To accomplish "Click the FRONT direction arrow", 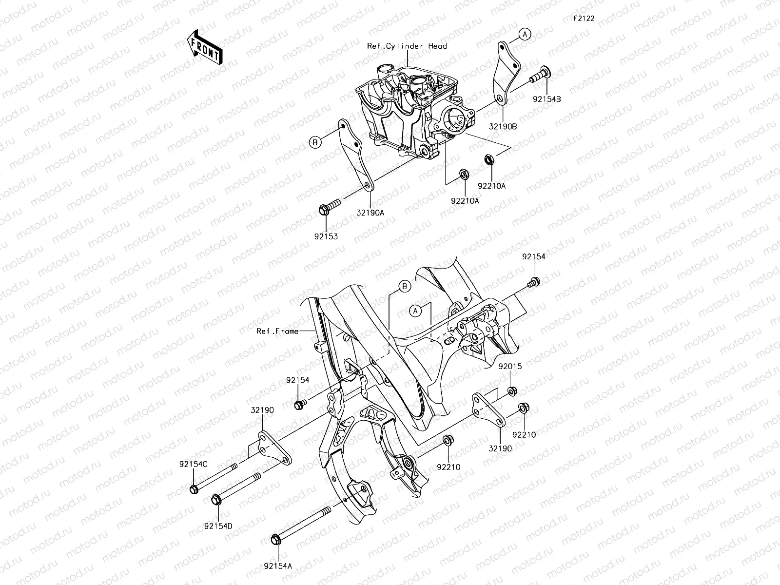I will tap(204, 47).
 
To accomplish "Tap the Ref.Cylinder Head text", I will tap(407, 46).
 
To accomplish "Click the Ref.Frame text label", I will tap(277, 331).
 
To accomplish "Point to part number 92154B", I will tap(546, 98).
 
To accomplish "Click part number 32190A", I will tap(370, 213).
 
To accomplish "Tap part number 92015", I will tap(510, 367).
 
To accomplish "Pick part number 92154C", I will tap(193, 464).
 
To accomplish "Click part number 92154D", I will tap(218, 526).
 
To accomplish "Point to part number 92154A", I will tap(278, 566).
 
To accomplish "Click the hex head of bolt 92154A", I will tap(275, 540).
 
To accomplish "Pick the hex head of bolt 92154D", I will tap(216, 499).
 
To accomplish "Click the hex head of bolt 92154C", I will tap(193, 488).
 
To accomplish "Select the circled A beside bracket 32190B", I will tap(525, 34).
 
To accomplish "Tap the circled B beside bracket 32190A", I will tap(315, 142).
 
